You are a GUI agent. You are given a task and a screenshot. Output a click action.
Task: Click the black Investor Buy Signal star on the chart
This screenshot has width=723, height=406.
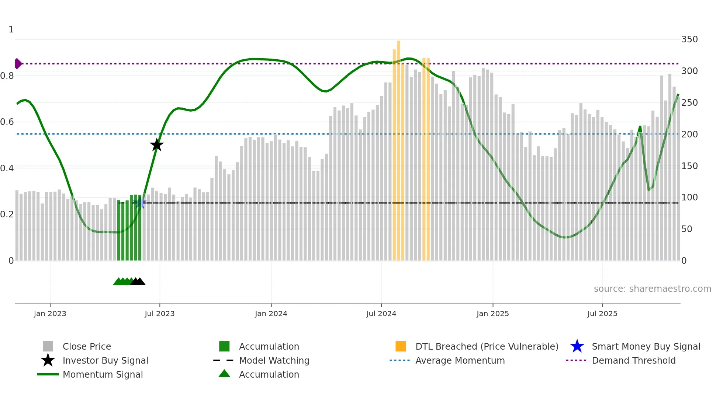(x=157, y=145)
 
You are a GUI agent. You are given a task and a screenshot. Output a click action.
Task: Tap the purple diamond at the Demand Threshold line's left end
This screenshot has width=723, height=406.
(x=18, y=64)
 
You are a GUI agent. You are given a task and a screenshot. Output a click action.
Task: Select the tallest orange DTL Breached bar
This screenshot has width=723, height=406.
(x=398, y=147)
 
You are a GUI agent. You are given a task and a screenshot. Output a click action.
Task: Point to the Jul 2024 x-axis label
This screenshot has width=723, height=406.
(x=381, y=314)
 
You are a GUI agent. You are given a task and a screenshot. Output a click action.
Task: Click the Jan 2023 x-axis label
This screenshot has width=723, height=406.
(x=50, y=314)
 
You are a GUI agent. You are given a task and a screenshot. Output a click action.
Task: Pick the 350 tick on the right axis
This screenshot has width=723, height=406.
(x=689, y=39)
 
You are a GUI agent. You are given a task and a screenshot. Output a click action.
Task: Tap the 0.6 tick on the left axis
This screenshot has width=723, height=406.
(x=7, y=122)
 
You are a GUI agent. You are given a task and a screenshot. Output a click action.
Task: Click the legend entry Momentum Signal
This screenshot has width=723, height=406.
(x=103, y=374)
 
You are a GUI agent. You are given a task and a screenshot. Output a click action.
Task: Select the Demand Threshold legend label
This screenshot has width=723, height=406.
(x=633, y=360)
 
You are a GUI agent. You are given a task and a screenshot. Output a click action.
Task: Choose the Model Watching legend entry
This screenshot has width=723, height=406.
(x=274, y=360)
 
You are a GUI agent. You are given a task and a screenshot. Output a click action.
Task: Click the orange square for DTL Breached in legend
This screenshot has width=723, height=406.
(x=401, y=346)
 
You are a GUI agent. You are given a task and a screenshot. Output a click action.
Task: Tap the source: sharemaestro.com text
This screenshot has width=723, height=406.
(x=652, y=289)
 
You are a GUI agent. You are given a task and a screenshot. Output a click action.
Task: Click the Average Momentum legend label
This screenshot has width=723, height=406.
(x=460, y=360)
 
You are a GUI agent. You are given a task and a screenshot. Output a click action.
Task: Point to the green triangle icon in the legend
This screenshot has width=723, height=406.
(x=224, y=374)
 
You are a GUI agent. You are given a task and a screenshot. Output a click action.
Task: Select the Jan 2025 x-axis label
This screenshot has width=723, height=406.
(x=492, y=314)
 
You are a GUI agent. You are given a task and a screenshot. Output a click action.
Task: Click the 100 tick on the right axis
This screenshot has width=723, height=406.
(x=689, y=197)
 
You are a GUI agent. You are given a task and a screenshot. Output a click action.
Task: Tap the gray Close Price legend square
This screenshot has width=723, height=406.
(x=48, y=346)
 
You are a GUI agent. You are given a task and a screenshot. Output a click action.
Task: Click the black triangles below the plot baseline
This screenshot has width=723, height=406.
(x=138, y=281)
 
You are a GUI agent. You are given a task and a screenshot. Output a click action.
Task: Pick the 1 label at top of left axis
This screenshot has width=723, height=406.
(x=11, y=29)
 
